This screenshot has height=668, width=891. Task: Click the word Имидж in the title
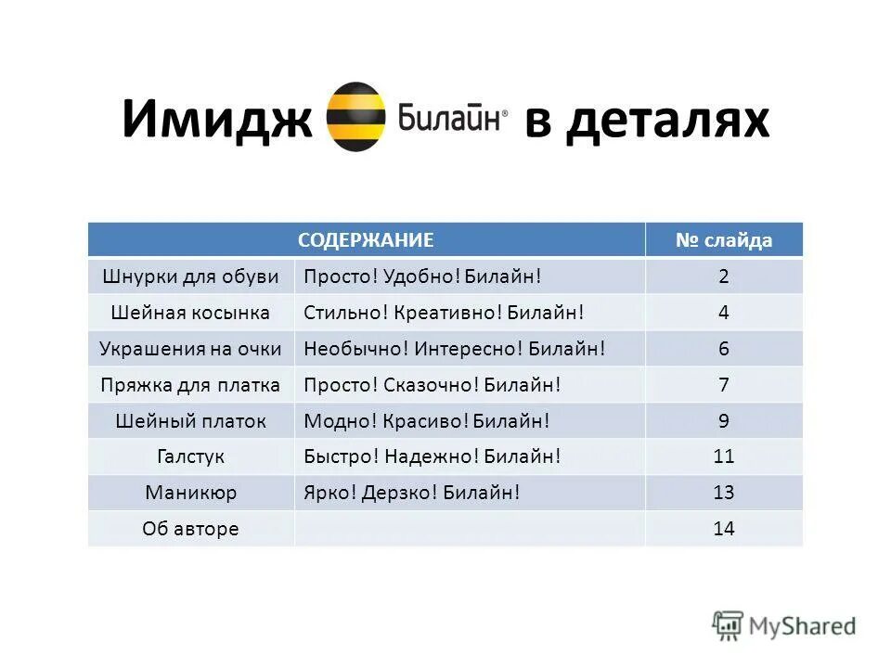coord(216,119)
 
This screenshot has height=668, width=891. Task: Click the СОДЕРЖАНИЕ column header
coord(366,240)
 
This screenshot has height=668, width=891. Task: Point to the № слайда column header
coord(724,240)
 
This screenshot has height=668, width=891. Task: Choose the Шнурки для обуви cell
coord(190,276)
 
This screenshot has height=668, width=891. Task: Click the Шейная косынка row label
coord(190,313)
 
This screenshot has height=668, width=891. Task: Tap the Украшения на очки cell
coord(190,349)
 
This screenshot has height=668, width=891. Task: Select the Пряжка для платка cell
coord(190,385)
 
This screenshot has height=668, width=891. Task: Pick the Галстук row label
coord(190,456)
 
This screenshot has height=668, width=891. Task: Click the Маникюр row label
coord(190,493)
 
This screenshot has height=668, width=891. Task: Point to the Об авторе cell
coord(190,529)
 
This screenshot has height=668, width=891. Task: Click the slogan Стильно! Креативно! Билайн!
coord(444,313)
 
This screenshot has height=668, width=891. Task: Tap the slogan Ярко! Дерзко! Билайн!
coord(411,493)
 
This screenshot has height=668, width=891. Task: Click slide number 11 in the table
coord(724,456)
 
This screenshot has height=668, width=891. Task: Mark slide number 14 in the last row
coord(724,529)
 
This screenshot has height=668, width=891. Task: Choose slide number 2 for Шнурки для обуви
coord(724,276)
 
